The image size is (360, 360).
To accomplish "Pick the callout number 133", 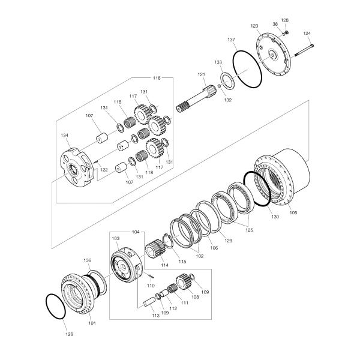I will pyautogui.click(x=218, y=62).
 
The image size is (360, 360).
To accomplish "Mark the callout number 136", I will pyautogui.click(x=88, y=260).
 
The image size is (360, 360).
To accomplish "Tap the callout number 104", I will pyautogui.click(x=135, y=231).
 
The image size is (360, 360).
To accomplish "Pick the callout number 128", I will pyautogui.click(x=284, y=20).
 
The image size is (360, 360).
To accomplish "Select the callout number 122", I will pyautogui.click(x=104, y=170).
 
